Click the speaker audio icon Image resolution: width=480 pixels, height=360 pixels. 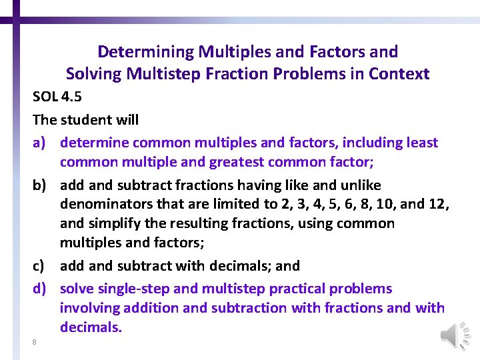[455, 335]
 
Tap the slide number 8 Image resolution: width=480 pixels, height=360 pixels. [34, 342]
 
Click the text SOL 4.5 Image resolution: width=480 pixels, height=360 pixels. [57, 97]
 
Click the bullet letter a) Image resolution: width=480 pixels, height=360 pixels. [41, 143]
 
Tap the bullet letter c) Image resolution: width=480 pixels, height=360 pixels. [41, 266]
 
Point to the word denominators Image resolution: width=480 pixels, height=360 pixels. [103, 204]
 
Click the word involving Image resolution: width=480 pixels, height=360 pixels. [89, 308]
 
